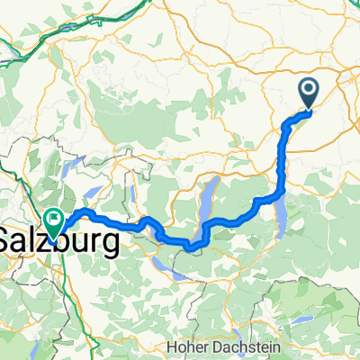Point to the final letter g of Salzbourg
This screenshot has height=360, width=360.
tap(111, 244)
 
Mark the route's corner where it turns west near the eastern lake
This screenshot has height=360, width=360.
tap(281, 191)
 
